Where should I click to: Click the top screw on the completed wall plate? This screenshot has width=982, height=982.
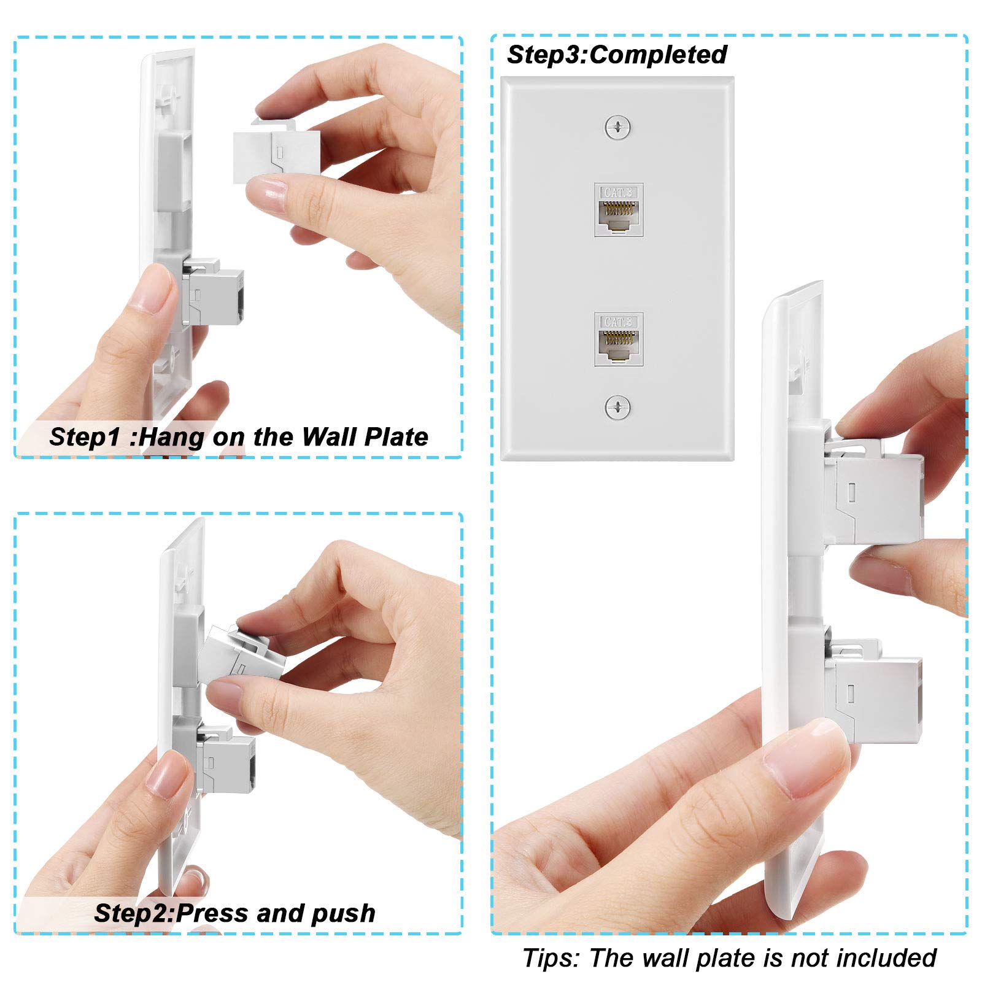(617, 128)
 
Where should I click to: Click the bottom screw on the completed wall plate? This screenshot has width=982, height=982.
(617, 407)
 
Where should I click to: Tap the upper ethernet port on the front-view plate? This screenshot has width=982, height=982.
(618, 210)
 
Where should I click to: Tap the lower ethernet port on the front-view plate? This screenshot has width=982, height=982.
(618, 339)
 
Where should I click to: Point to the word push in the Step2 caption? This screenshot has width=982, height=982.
(343, 913)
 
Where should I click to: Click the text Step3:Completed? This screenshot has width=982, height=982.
(617, 55)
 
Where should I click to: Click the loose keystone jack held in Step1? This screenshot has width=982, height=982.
(276, 156)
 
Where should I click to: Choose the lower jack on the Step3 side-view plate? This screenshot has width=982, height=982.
(878, 694)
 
